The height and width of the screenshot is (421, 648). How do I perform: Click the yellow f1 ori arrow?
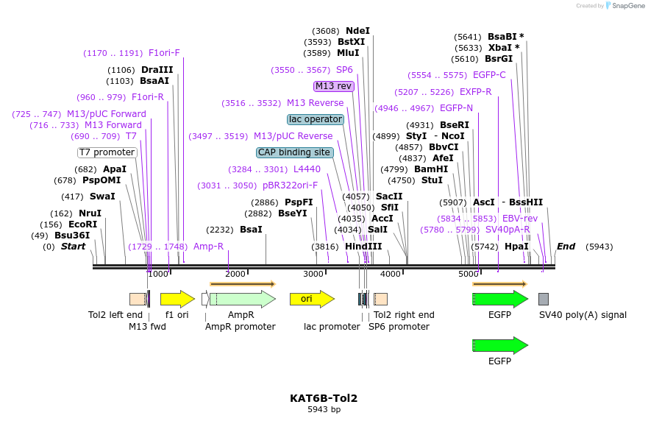pos(177,299)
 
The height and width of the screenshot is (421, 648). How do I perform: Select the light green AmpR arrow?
pos(242,299)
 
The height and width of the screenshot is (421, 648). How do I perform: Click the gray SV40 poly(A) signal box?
pos(544,299)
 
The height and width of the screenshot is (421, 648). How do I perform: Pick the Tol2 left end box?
pos(138,299)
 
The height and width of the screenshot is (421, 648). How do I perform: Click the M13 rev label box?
pos(334,86)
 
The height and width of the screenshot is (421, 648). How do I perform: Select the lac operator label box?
pos(316,119)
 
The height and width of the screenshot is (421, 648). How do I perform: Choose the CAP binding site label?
pos(294,152)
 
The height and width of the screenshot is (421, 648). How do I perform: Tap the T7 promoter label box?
pos(107,152)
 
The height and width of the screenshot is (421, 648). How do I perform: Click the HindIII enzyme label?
pos(364,247)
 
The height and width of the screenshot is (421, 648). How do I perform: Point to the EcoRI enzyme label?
pos(82,224)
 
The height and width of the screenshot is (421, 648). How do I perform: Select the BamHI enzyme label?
pos(431,169)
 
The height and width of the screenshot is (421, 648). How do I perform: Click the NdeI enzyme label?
pos(357,31)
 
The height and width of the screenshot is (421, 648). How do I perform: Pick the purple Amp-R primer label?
pos(208,247)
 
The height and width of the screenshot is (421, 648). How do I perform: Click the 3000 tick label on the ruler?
pos(313,274)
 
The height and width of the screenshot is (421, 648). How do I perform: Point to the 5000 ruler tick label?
pos(469,274)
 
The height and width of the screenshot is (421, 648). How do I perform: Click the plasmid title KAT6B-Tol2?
pos(324,398)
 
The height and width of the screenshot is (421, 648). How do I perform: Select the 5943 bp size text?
pos(324,409)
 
